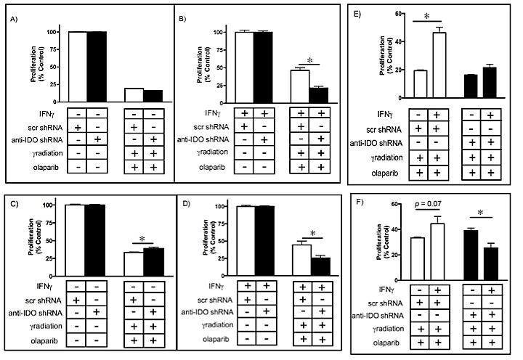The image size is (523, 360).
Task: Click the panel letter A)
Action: [13, 19]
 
